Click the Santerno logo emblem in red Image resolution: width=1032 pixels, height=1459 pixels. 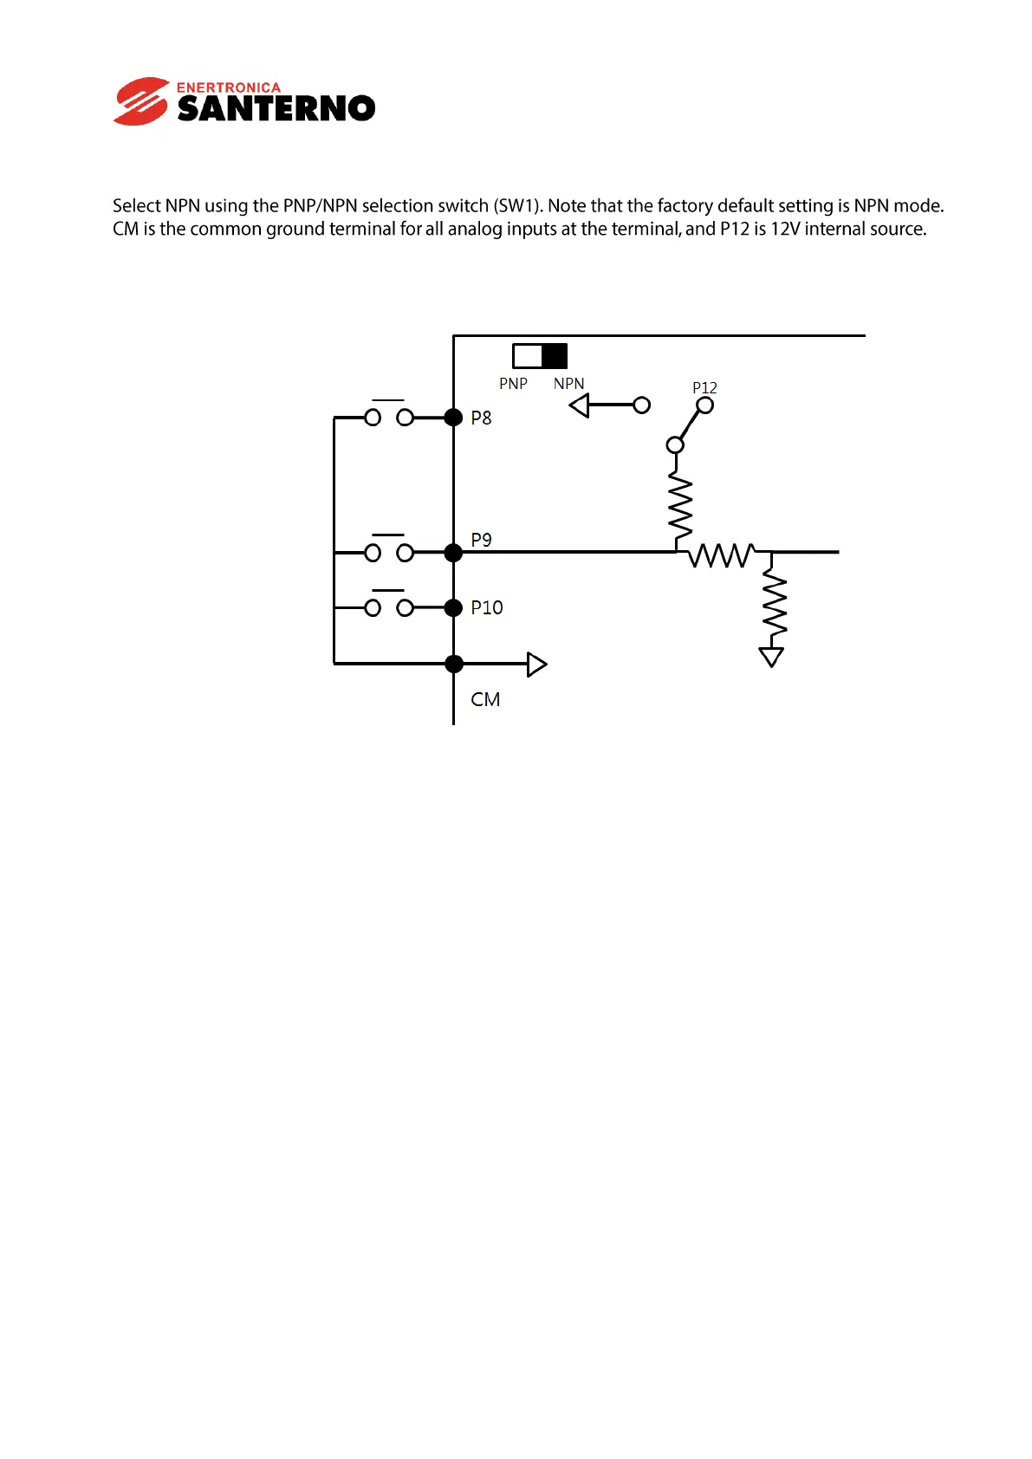(x=140, y=101)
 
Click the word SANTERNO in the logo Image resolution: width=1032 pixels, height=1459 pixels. (x=276, y=108)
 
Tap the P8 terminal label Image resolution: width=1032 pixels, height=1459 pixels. (x=481, y=418)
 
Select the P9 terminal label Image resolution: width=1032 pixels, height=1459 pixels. (x=481, y=540)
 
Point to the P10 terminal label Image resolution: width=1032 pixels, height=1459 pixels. (x=486, y=607)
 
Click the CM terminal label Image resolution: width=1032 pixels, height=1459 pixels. (x=485, y=699)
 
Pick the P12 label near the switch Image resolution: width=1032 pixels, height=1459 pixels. (x=704, y=387)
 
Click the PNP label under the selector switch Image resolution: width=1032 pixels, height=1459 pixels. (x=513, y=383)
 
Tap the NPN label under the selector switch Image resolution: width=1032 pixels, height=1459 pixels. (x=568, y=383)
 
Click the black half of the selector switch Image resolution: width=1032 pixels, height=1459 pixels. (x=554, y=356)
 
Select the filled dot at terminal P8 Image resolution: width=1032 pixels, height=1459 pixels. (x=453, y=418)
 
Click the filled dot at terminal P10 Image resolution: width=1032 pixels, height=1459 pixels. (x=453, y=607)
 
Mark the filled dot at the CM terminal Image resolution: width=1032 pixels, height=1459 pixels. (x=453, y=664)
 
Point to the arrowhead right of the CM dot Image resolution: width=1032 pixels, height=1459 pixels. (x=537, y=665)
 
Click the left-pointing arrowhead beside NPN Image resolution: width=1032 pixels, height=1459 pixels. (x=580, y=405)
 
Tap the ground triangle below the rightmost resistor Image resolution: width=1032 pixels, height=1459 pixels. (x=771, y=657)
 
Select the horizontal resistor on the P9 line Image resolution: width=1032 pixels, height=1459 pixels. (x=721, y=554)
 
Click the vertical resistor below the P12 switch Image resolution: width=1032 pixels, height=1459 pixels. (x=680, y=507)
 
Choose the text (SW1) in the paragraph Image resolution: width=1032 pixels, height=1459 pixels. (x=517, y=205)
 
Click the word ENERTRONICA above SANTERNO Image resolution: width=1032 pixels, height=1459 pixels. (x=229, y=88)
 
